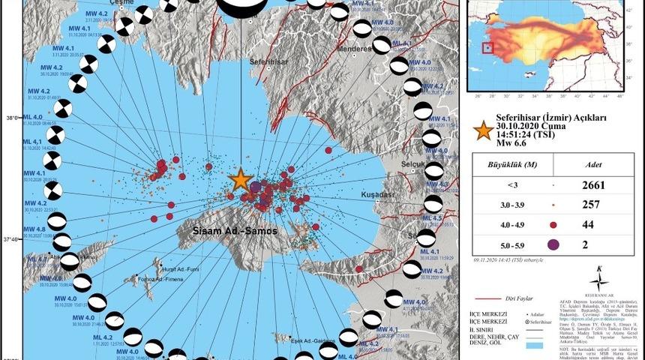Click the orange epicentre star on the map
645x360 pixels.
pos(240,179)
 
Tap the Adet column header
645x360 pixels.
pos(590,160)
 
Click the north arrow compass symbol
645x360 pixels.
pos(598,280)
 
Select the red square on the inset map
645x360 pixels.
pos(488,49)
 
